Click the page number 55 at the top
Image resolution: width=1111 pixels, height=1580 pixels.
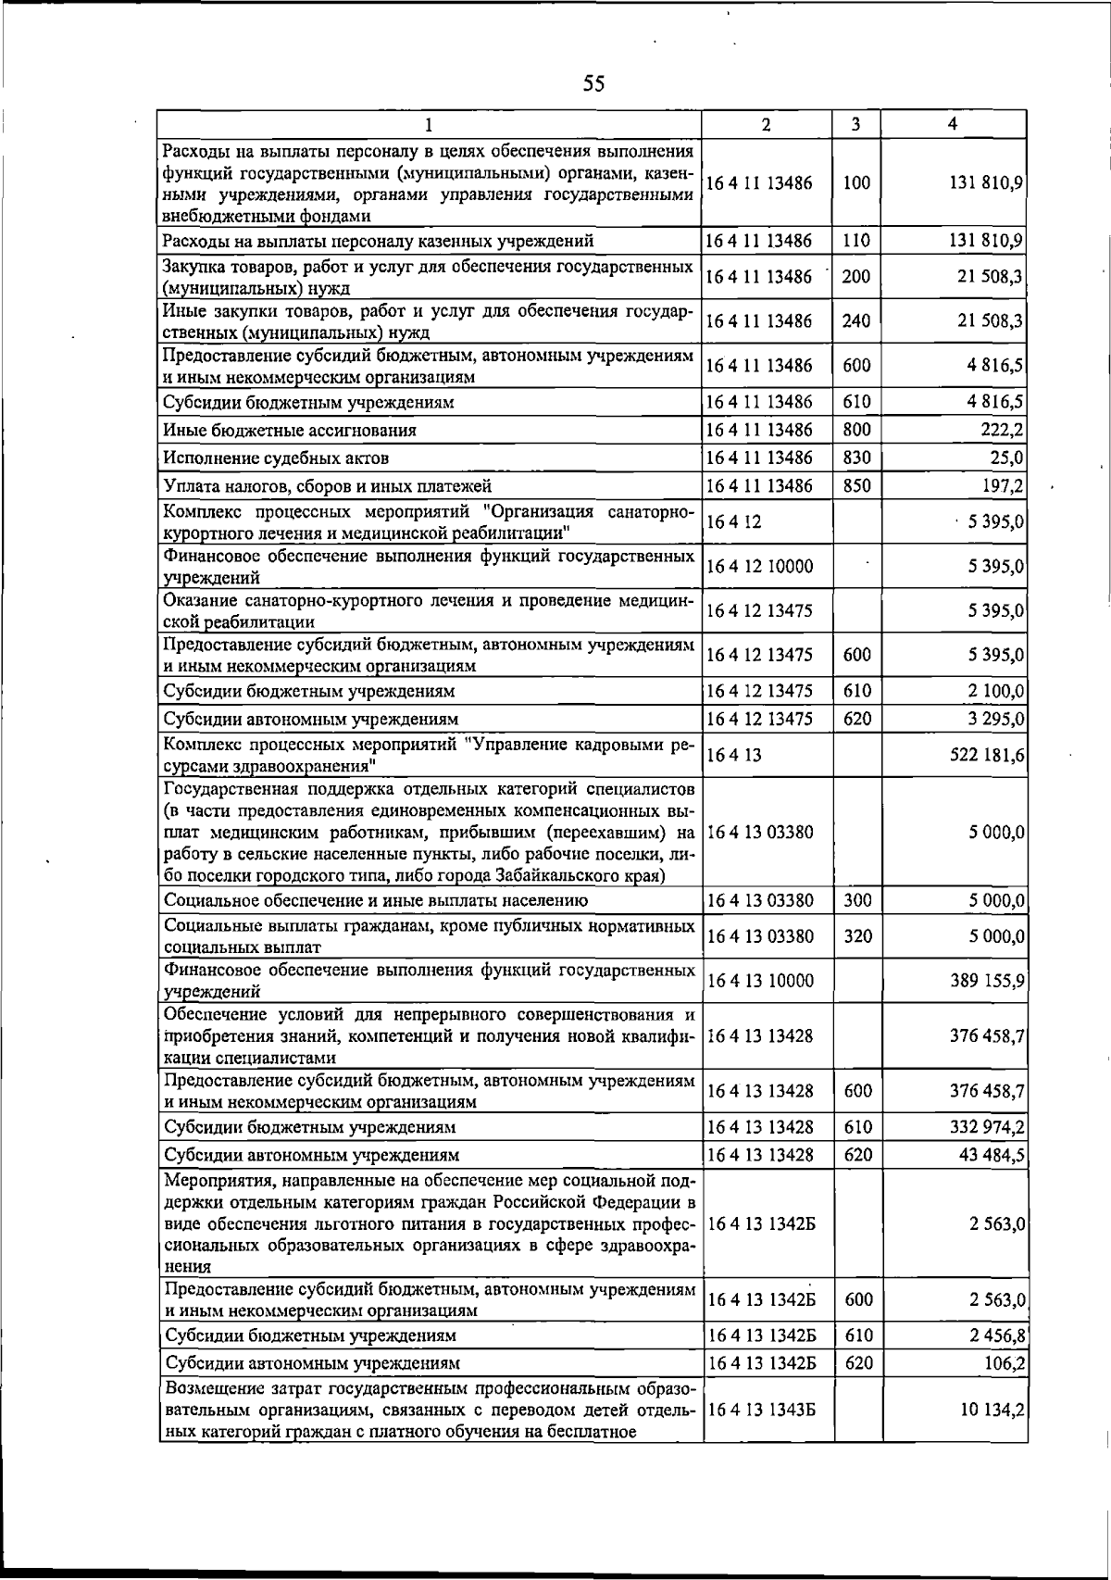(x=593, y=84)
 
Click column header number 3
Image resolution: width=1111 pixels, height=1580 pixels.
(x=856, y=124)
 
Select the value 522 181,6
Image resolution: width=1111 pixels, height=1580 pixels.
(x=986, y=756)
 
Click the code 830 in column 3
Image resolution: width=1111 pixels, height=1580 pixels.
(x=856, y=458)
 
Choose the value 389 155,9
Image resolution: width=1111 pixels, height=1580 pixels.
(x=986, y=981)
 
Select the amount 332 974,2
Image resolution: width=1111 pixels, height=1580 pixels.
(x=986, y=1127)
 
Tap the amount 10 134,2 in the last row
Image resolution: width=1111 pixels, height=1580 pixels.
(x=992, y=1435)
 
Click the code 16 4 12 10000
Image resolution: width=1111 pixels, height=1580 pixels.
(x=759, y=566)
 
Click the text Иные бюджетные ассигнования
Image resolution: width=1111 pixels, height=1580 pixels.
(x=290, y=431)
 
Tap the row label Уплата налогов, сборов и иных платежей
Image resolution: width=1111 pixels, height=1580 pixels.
(x=327, y=486)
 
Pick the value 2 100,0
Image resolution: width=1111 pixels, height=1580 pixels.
(x=995, y=691)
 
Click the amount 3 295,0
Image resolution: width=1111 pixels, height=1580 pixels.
(x=995, y=719)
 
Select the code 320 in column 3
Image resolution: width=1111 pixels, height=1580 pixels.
(x=857, y=936)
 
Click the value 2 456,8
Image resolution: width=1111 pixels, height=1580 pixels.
(x=995, y=1335)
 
